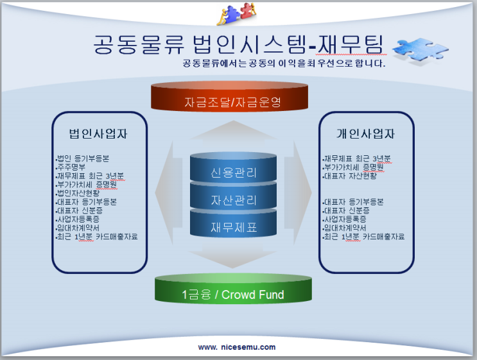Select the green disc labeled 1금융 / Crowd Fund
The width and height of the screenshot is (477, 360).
233,295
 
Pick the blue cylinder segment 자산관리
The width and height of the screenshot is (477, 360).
233,200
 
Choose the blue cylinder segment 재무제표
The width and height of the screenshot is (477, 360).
233,227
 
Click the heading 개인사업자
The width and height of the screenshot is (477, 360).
365,134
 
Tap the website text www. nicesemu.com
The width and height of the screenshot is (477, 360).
237,347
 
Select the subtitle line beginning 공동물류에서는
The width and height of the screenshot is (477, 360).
284,64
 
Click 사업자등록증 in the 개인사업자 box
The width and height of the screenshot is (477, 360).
345,219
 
